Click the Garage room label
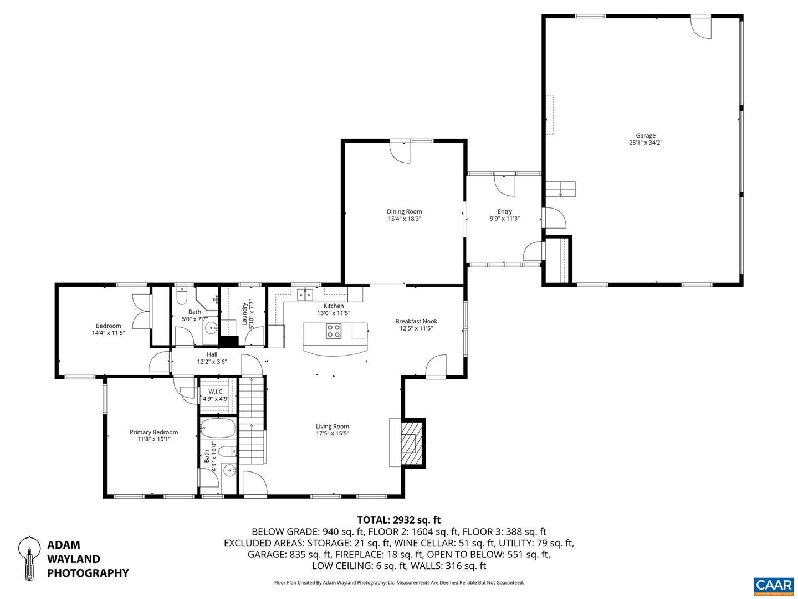coord(645,135)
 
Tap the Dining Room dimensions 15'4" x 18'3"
coord(404,219)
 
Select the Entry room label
coord(504,211)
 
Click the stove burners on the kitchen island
coord(334,331)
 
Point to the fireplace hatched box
coord(410,442)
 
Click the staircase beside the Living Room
coord(252,422)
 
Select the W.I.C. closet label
coord(216,392)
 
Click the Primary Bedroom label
coord(154,432)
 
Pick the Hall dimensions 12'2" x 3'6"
coord(212,362)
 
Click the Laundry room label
coord(244,313)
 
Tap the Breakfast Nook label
coord(416,321)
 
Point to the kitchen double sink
coord(304,294)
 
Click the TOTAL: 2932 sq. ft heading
coord(398,520)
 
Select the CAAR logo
coord(773,586)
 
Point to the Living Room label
coord(332,427)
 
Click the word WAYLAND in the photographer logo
coord(73,559)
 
